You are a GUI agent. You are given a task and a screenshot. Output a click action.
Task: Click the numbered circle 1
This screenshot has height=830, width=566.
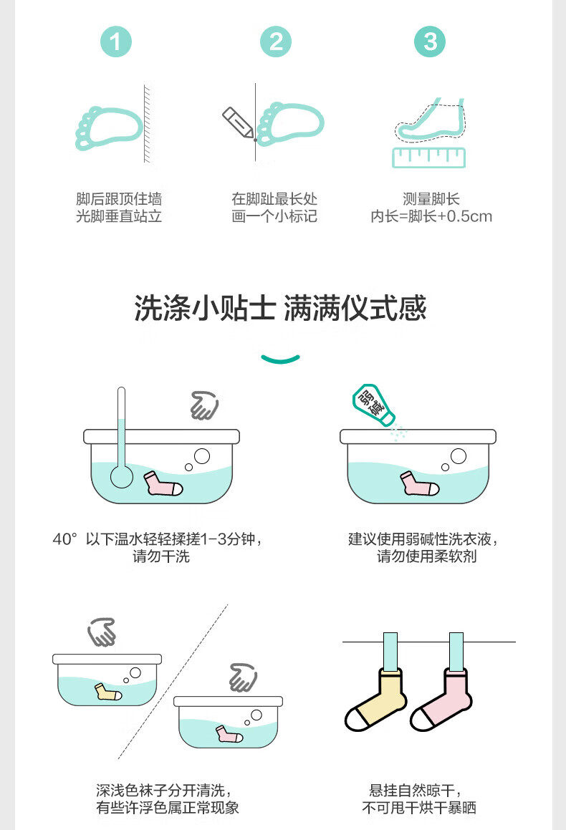pyautogui.click(x=116, y=42)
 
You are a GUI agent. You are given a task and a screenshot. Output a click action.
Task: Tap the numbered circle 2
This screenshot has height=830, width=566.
pyautogui.click(x=276, y=42)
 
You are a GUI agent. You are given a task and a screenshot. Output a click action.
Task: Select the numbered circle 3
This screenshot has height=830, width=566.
pyautogui.click(x=429, y=42)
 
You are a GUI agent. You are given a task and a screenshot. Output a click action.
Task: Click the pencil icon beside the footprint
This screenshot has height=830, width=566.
pyautogui.click(x=238, y=122)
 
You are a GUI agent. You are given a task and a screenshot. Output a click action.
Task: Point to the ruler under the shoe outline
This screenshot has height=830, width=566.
pyautogui.click(x=429, y=158)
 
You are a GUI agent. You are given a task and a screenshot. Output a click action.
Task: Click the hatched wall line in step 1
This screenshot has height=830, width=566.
pyautogui.click(x=147, y=122)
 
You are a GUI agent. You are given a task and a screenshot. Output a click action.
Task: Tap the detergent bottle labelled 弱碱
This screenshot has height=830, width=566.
pyautogui.click(x=373, y=405)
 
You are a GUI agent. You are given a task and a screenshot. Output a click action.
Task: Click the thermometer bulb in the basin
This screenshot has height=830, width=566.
pyautogui.click(x=122, y=476)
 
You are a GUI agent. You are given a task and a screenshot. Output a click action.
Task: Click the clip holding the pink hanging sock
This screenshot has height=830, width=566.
pyautogui.click(x=456, y=652)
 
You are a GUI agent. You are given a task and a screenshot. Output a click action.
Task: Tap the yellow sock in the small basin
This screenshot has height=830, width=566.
pyautogui.click(x=108, y=692)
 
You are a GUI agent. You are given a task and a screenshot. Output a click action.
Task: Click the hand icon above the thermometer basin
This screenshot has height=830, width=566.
pyautogui.click(x=204, y=405)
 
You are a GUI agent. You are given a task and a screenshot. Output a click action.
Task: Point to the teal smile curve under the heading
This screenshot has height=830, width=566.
pyautogui.click(x=281, y=359)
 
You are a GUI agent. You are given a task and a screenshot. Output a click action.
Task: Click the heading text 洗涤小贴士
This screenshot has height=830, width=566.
pyautogui.click(x=205, y=308)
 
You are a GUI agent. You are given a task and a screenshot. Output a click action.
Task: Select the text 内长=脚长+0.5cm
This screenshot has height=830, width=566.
pyautogui.click(x=431, y=216)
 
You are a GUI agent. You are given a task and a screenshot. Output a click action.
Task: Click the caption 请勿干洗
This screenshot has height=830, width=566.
pyautogui.click(x=161, y=556)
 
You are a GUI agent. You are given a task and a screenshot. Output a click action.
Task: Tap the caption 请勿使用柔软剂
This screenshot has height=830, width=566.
pyautogui.click(x=427, y=556)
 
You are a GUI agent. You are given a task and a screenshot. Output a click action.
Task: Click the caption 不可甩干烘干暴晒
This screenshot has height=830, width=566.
pyautogui.click(x=419, y=808)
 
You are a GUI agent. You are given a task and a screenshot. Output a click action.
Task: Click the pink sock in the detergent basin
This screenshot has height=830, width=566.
pyautogui.click(x=419, y=483)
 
